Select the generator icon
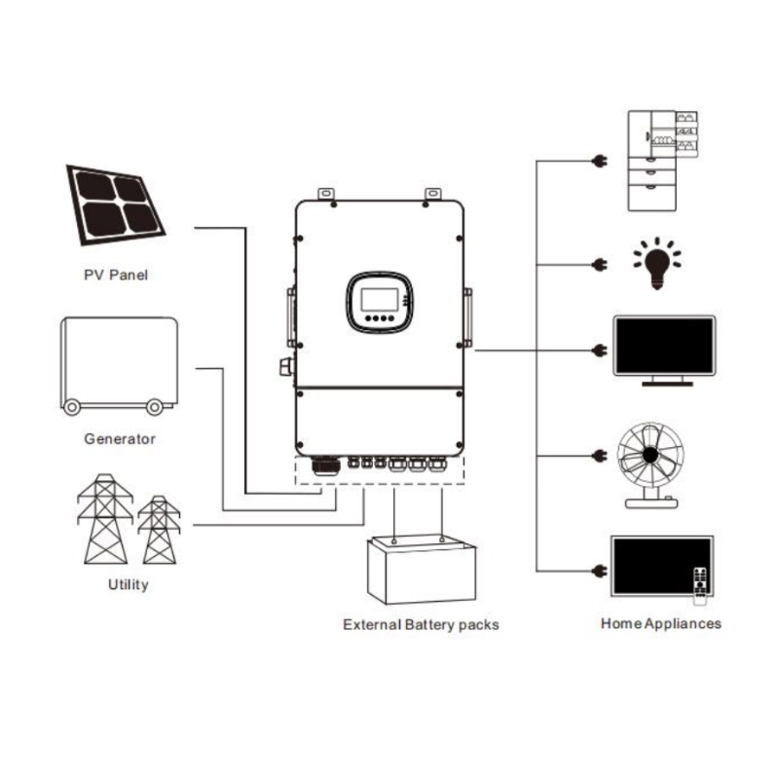[119, 363]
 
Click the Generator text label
[120, 438]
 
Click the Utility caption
[128, 585]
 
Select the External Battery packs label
[421, 624]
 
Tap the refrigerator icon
[662, 160]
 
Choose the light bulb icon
[656, 264]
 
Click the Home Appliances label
[661, 622]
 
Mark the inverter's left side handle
[290, 316]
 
